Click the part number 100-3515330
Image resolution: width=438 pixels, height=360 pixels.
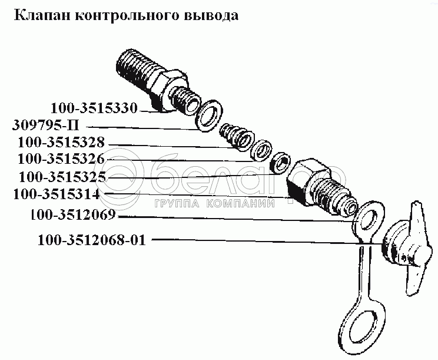click(94, 108)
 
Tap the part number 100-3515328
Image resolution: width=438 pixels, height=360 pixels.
click(61, 142)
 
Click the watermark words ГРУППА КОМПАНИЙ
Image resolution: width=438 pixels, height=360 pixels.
click(214, 203)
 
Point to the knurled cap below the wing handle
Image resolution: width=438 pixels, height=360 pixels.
click(394, 248)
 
